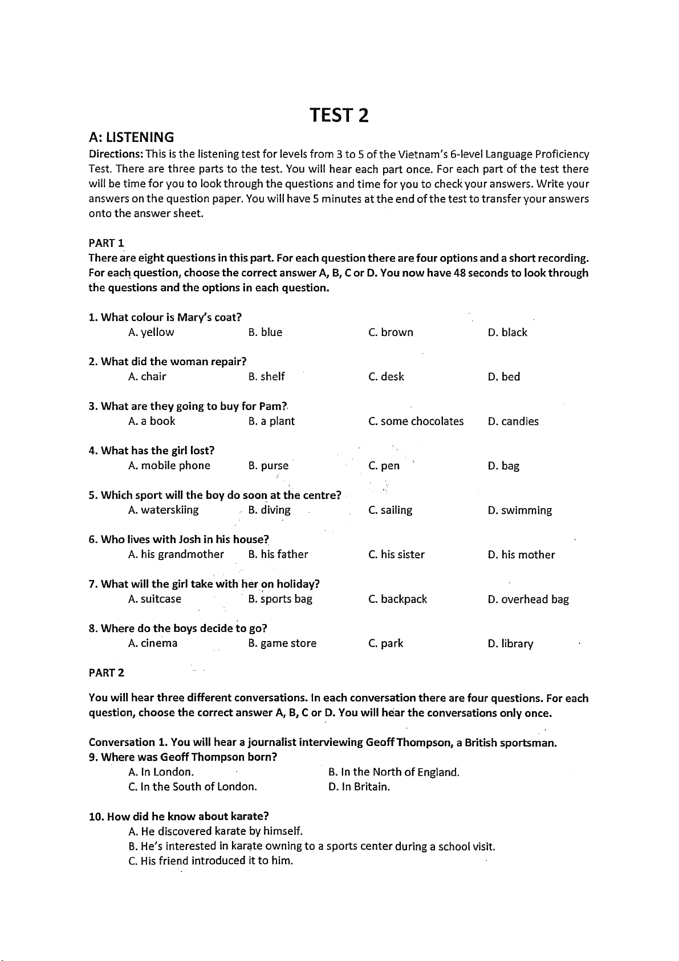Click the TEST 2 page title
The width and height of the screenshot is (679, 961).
click(x=339, y=115)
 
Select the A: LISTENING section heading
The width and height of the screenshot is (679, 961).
click(x=131, y=137)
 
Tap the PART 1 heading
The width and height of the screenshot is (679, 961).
click(x=107, y=243)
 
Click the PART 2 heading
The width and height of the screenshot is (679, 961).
click(x=107, y=673)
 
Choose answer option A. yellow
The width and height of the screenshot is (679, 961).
click(x=151, y=333)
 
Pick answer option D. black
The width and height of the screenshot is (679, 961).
click(x=507, y=333)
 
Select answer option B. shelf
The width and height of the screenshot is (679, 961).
click(x=266, y=377)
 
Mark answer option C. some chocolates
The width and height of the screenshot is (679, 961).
click(x=416, y=421)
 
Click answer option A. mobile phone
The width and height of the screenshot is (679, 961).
click(x=169, y=466)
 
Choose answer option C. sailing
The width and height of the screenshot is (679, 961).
click(x=390, y=510)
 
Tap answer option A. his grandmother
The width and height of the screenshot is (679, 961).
click(x=176, y=554)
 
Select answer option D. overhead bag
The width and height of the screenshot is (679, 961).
click(x=528, y=599)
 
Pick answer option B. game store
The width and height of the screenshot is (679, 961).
click(x=282, y=643)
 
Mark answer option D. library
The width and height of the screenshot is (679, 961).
click(x=510, y=644)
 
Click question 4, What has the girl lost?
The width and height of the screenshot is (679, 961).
click(x=152, y=451)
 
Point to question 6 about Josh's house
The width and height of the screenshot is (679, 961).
click(x=178, y=540)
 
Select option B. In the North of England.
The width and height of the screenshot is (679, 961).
click(x=393, y=772)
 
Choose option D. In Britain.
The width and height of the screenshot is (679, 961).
click(x=359, y=787)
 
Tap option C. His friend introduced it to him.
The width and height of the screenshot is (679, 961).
click(x=210, y=861)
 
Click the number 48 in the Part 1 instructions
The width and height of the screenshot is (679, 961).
click(x=460, y=273)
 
